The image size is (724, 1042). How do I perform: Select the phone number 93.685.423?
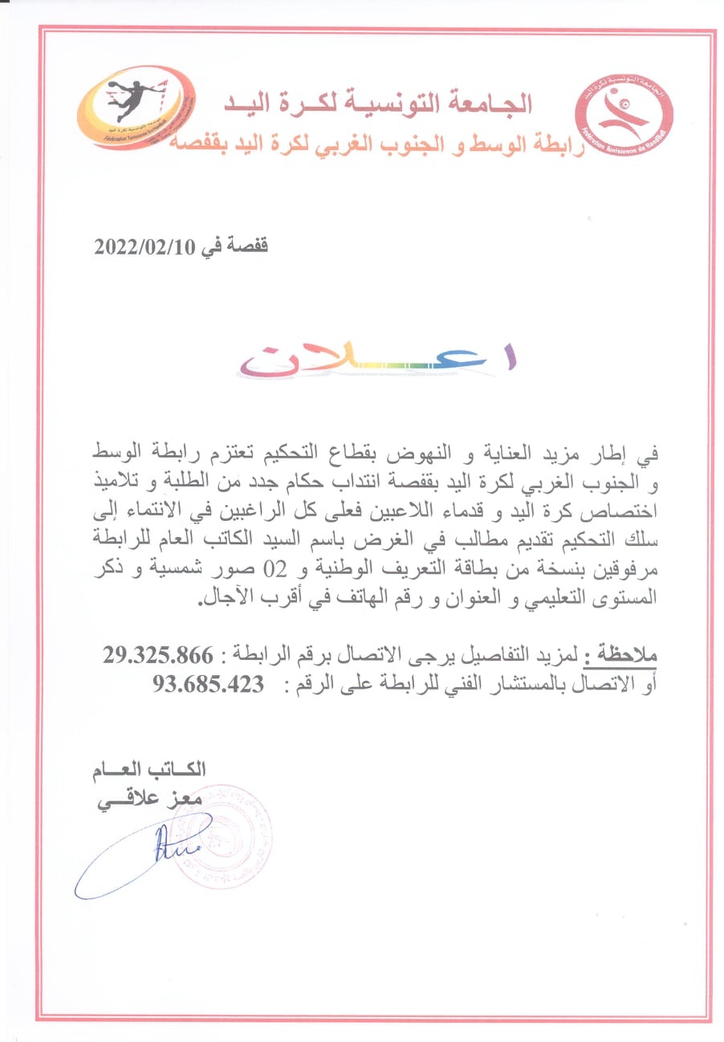tap(208, 684)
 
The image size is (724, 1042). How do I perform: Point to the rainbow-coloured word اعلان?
tap(377, 360)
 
